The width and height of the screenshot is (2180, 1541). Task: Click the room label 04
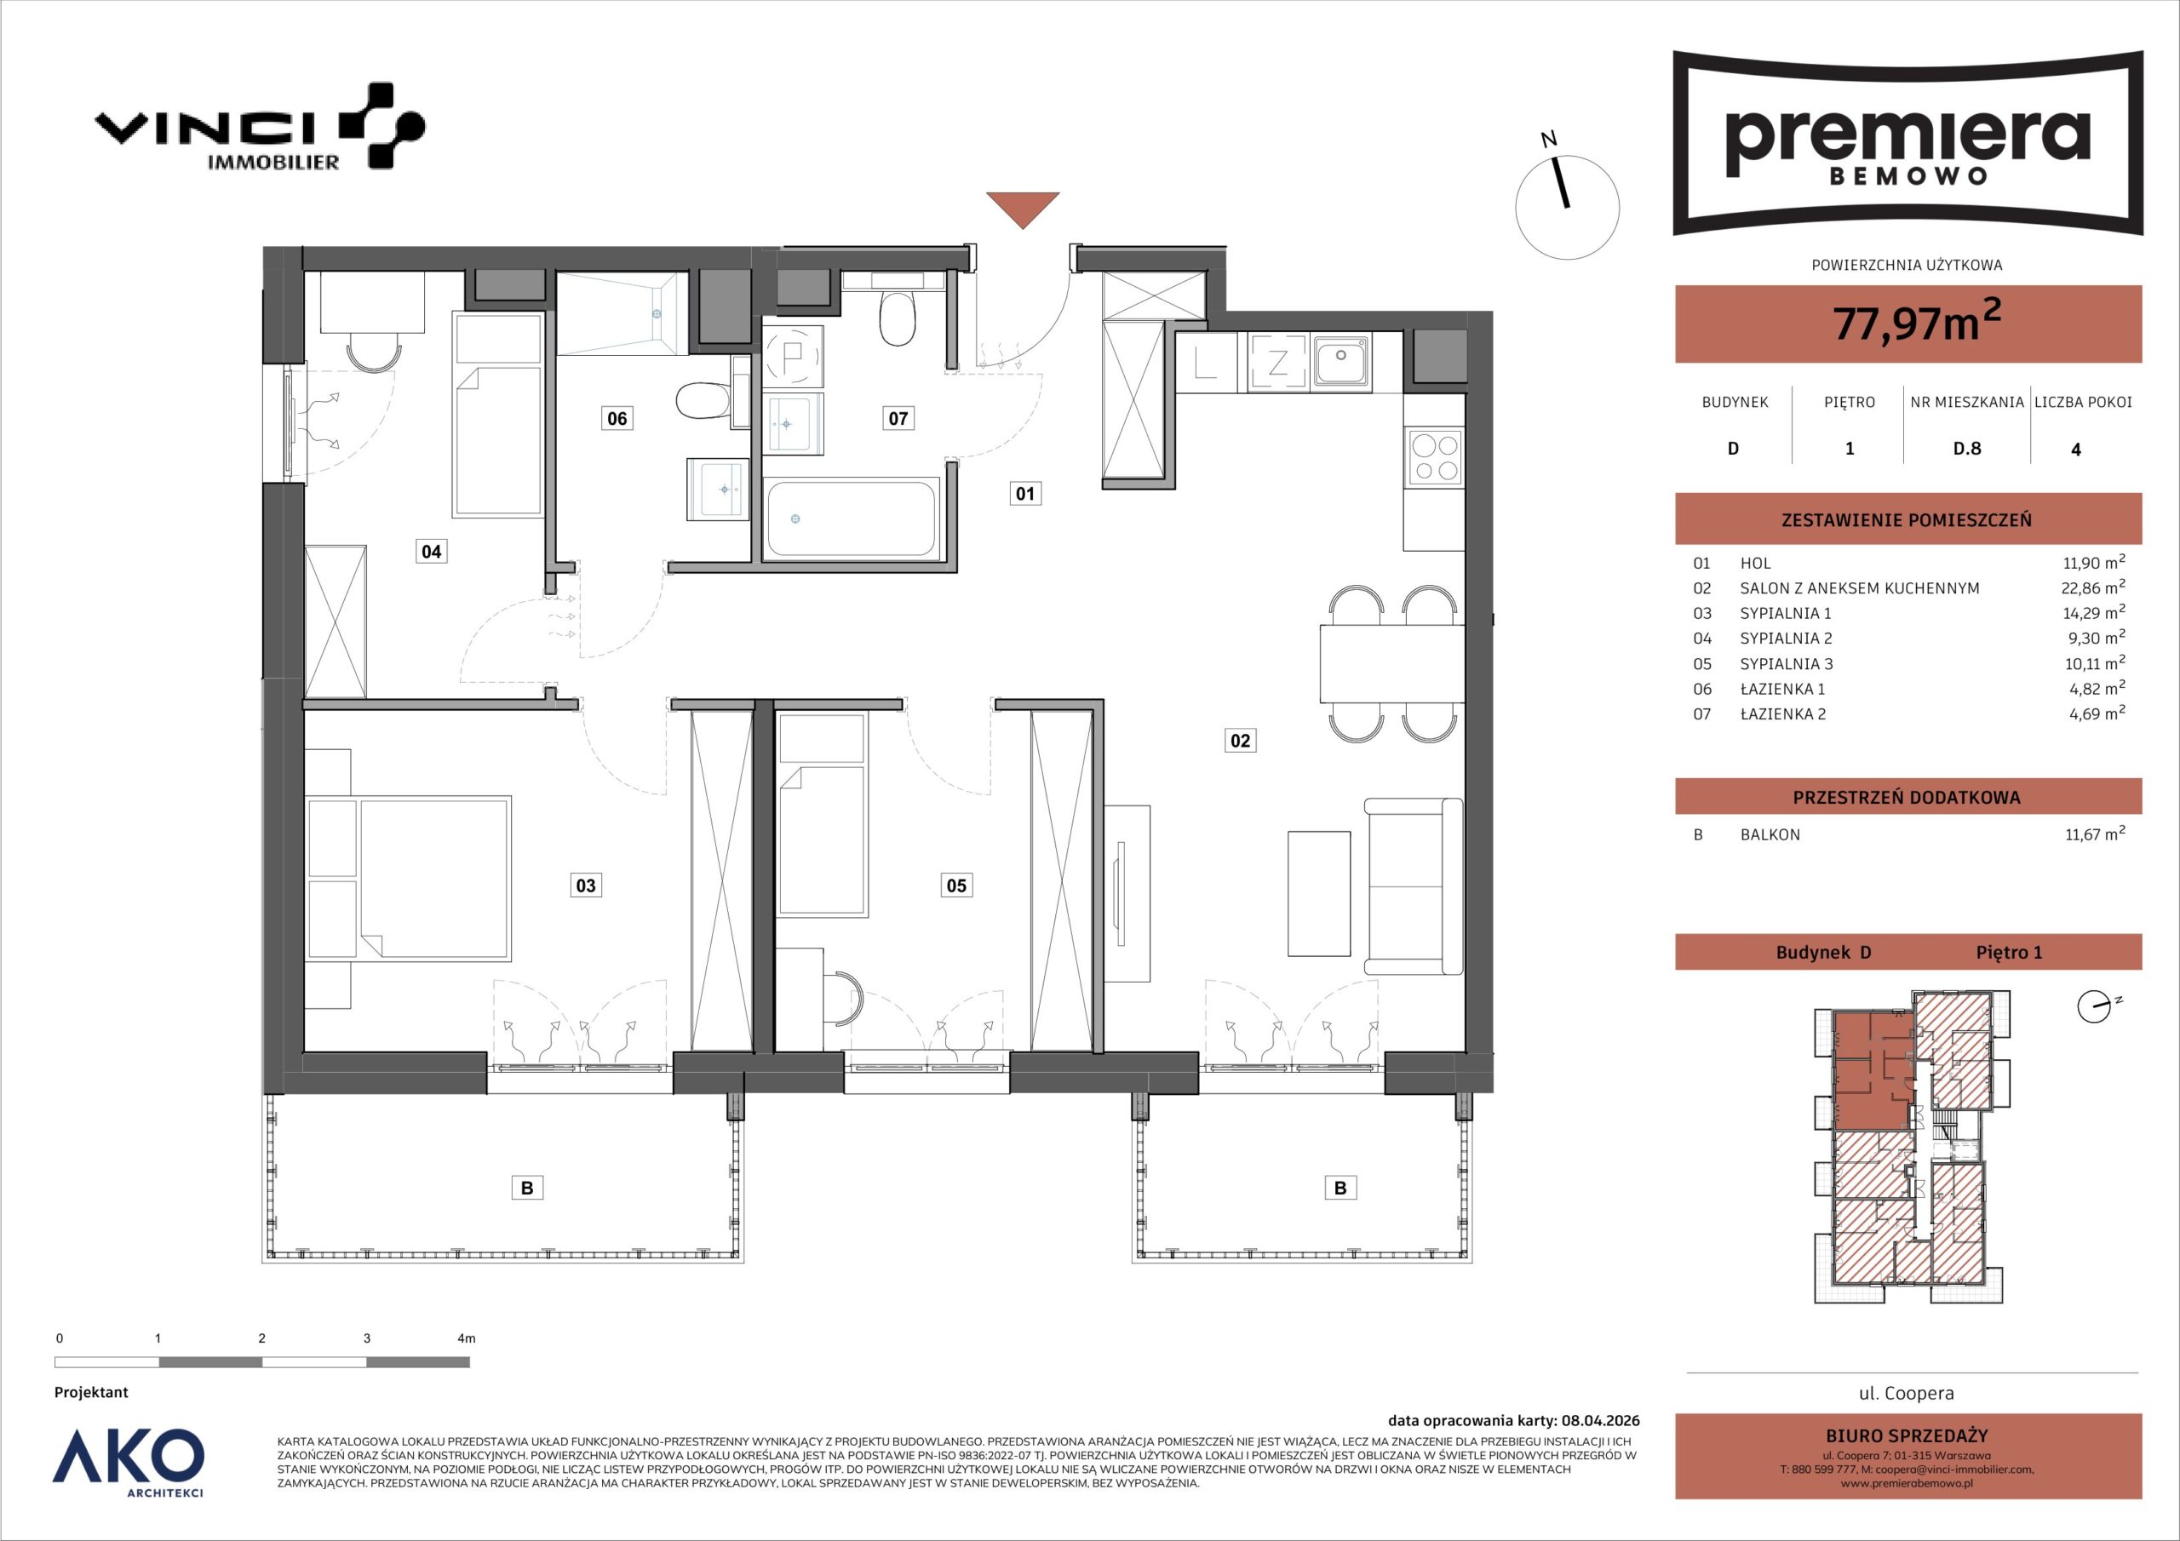[x=431, y=551]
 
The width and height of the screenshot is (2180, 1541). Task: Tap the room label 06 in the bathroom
[x=617, y=418]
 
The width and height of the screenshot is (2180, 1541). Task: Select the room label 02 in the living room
[x=1240, y=740]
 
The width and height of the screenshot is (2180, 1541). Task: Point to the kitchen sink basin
[x=1340, y=360]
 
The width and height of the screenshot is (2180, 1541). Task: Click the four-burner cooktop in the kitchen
[x=1435, y=459]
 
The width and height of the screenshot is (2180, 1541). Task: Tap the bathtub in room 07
[x=852, y=518]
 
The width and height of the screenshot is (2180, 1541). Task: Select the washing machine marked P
[x=793, y=356]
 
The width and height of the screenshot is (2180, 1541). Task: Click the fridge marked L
[x=1207, y=362]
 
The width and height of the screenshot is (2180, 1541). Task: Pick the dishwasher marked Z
[x=1278, y=362]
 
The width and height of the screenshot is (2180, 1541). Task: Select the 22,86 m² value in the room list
[x=2094, y=587]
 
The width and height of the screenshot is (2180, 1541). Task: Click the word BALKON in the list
[x=1770, y=834]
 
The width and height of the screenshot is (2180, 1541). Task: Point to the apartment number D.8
[x=1966, y=449]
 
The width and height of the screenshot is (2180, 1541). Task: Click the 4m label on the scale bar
[x=466, y=1338]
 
